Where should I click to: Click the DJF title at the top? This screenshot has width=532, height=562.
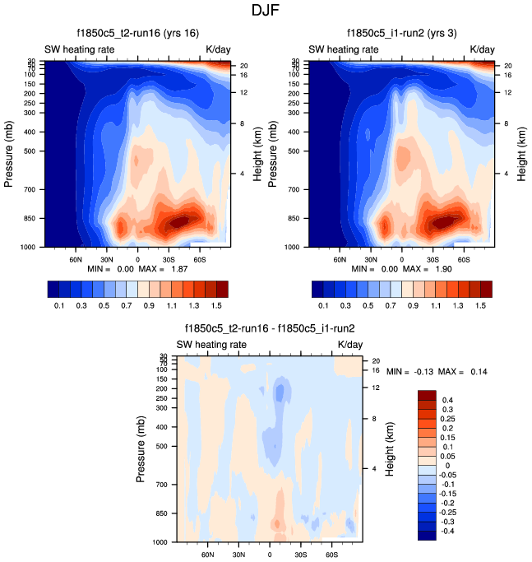click(266, 11)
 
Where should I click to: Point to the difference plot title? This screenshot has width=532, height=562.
click(270, 328)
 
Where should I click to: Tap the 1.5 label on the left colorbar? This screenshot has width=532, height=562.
click(216, 304)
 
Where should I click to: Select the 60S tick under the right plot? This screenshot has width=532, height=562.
click(463, 258)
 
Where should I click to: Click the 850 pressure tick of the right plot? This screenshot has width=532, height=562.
click(298, 219)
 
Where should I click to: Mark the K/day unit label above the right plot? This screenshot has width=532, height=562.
click(483, 49)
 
